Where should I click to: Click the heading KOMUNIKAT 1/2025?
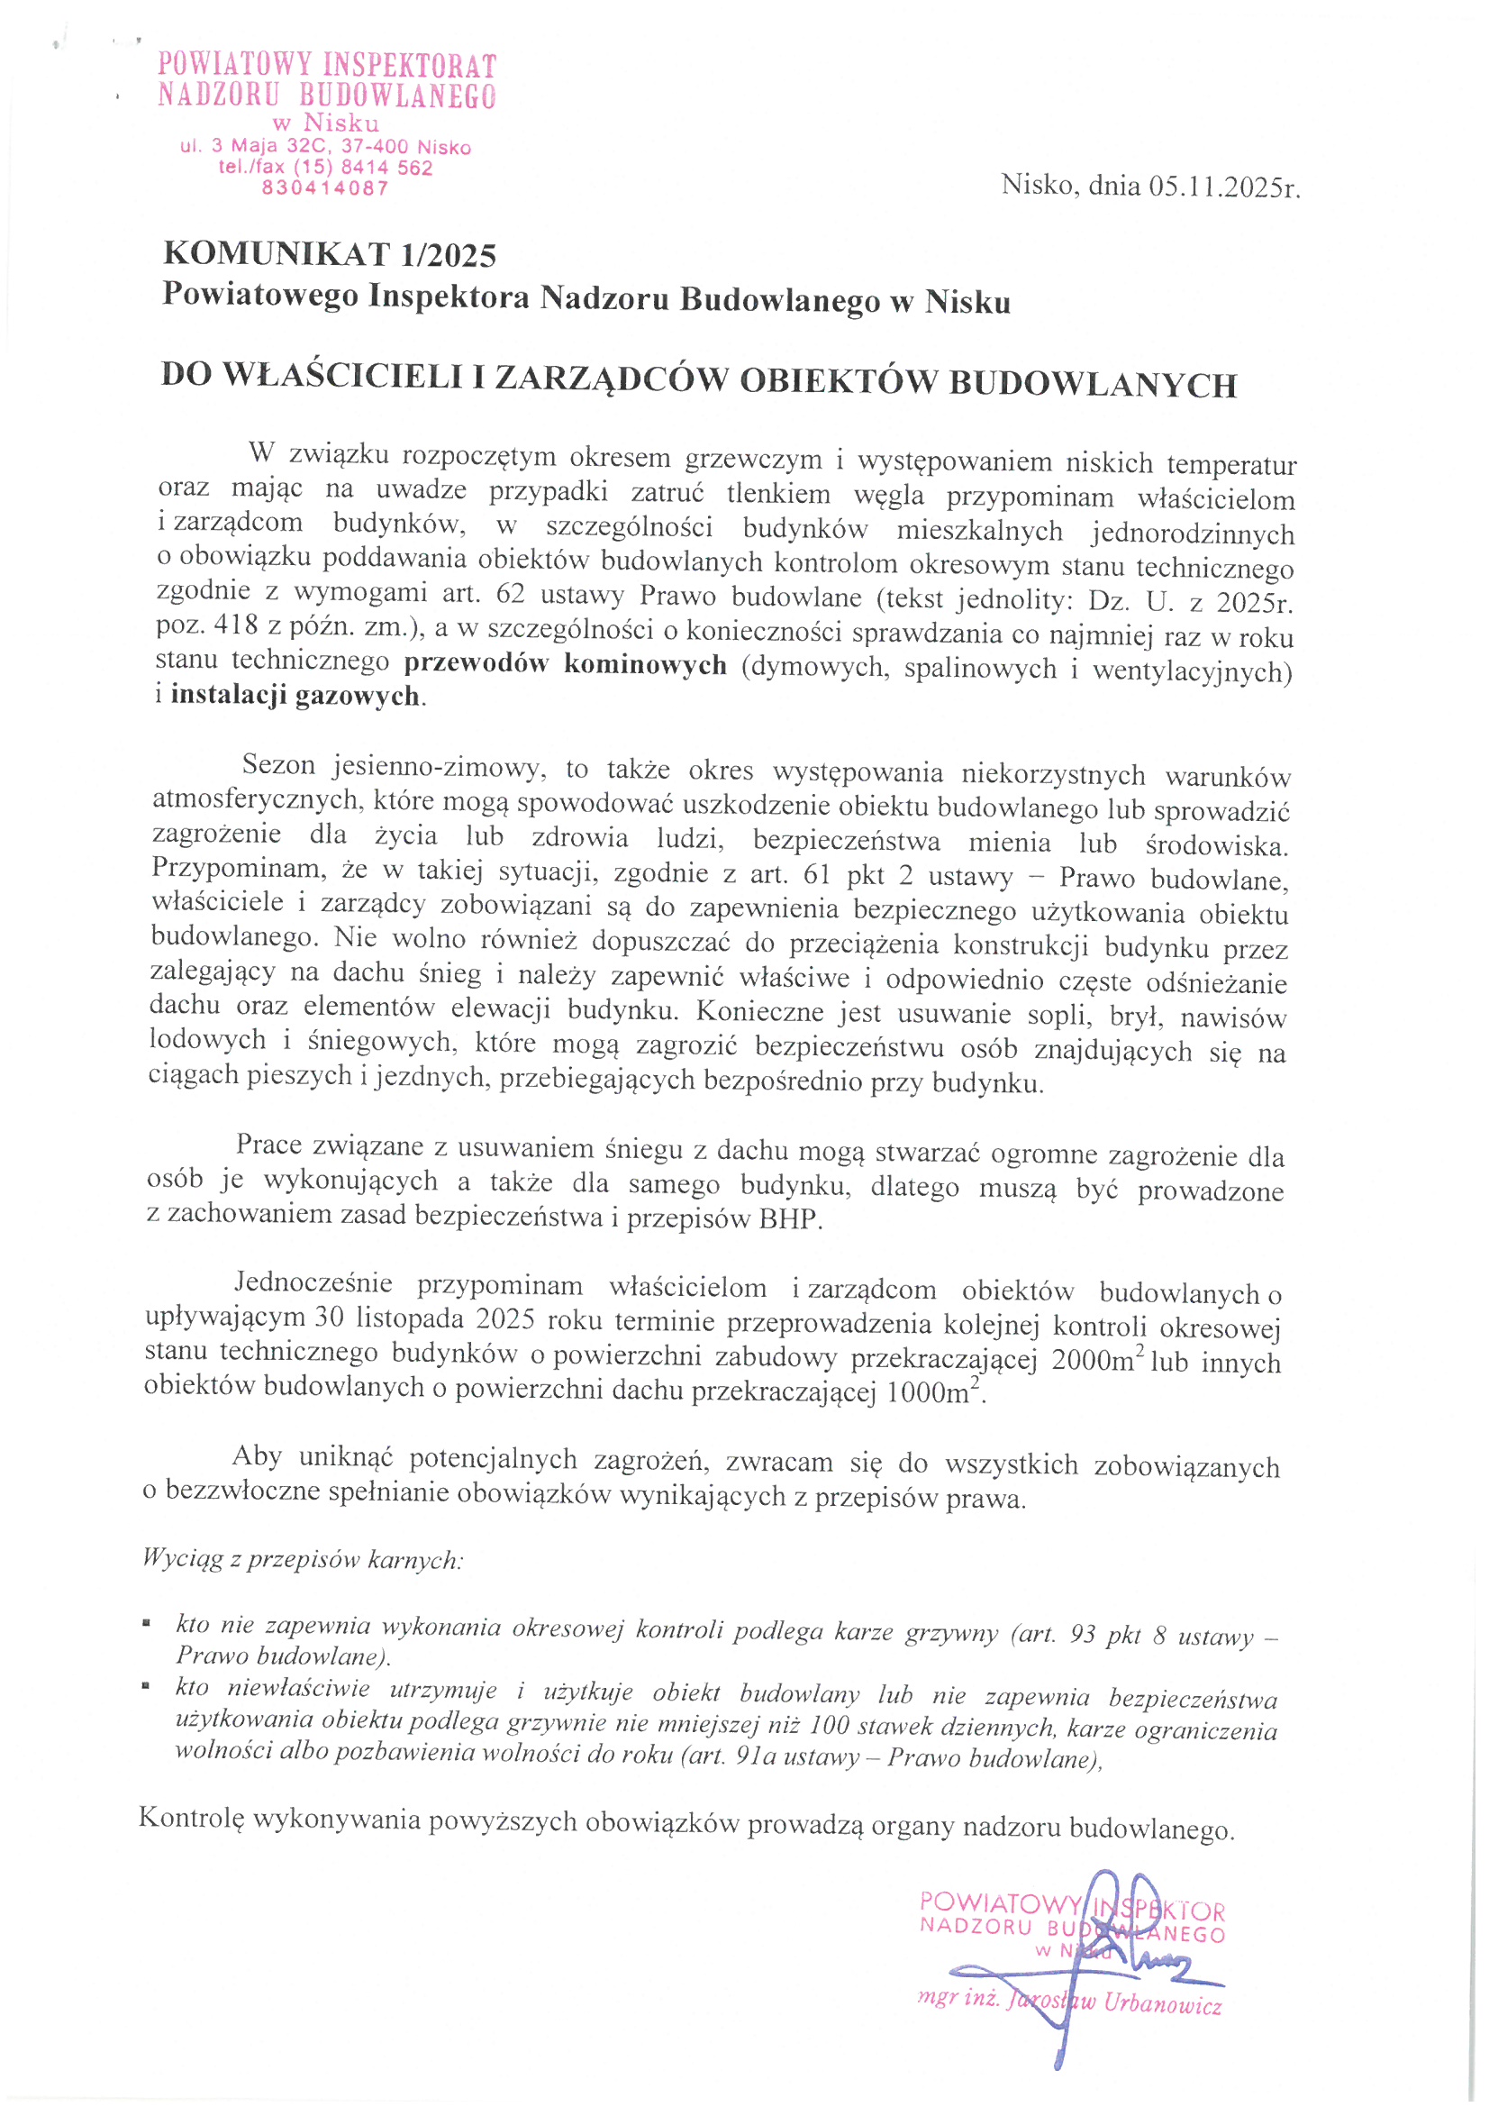330,254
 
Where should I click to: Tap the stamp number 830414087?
326,188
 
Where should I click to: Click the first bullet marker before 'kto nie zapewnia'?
147,1624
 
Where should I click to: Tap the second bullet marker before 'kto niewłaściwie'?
147,1686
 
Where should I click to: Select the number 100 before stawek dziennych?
831,1726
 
